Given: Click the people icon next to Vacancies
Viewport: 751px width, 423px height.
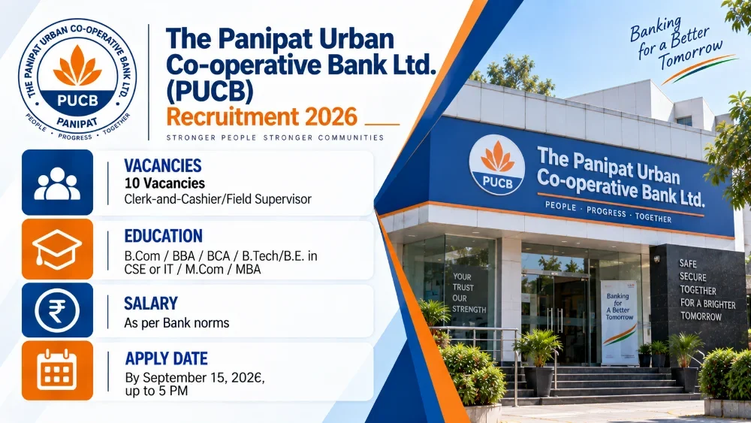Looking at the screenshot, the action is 57,183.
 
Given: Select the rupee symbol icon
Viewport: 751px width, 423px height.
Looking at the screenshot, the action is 57,310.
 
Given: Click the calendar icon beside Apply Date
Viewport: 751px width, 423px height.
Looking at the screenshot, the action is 57,371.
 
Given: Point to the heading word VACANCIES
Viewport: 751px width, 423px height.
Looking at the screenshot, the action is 163,166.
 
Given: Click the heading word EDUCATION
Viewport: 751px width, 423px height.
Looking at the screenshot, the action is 163,236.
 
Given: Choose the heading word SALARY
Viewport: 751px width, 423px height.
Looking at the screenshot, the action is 151,304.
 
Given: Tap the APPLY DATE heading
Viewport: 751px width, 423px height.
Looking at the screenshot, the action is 166,358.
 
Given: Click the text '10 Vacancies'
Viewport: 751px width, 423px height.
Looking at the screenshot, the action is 164,183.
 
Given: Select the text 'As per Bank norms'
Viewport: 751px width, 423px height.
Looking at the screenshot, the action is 176,323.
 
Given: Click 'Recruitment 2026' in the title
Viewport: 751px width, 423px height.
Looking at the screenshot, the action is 262,117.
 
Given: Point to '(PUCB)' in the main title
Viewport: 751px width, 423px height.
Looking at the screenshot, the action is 210,92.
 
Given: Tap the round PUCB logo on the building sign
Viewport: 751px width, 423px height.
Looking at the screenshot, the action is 496,165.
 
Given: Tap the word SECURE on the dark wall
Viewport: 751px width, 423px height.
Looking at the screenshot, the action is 692,277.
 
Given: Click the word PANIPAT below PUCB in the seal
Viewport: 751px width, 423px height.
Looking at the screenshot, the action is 77,122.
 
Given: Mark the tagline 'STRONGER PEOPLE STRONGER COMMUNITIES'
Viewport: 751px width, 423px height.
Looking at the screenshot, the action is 275,138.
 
